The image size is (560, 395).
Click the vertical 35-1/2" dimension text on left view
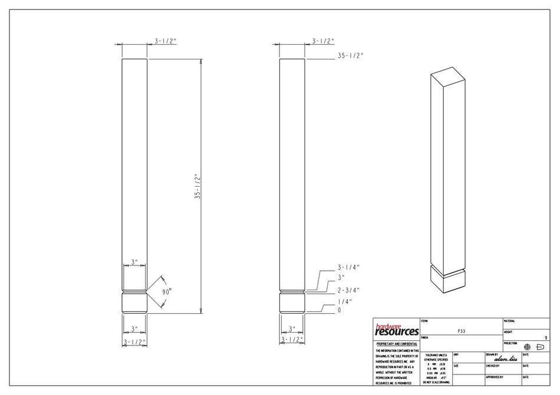pos(197,187)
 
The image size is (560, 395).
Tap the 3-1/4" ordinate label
pos(348,267)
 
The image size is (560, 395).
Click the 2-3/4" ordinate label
pos(348,290)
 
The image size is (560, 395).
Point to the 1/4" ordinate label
pos(344,301)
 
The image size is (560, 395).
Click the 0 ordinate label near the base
pos(340,310)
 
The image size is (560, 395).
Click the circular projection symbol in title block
pos(527,347)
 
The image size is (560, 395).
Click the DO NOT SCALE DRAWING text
pos(436,382)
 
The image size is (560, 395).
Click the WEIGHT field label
pos(508,332)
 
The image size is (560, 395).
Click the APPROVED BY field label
pos(495,377)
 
